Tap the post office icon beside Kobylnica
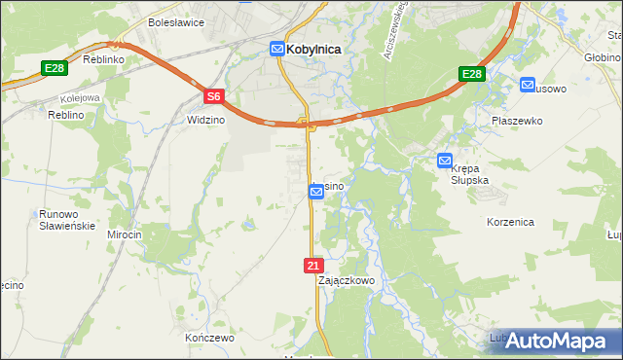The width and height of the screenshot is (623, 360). click(x=277, y=49)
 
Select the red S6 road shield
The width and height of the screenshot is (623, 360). click(x=214, y=96)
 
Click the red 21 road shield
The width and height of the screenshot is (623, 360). click(x=311, y=265)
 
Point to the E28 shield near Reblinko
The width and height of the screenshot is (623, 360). click(x=54, y=67)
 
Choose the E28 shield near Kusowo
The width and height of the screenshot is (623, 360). click(x=472, y=75)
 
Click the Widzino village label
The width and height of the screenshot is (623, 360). click(x=204, y=119)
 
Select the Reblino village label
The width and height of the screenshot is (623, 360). click(x=67, y=115)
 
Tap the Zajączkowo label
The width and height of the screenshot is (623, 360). click(x=347, y=280)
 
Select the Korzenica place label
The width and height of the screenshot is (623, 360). click(x=510, y=222)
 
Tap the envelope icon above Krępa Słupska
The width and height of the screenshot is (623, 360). click(x=445, y=161)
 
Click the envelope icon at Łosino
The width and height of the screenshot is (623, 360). click(x=316, y=192)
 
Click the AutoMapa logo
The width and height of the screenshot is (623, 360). click(x=558, y=341)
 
